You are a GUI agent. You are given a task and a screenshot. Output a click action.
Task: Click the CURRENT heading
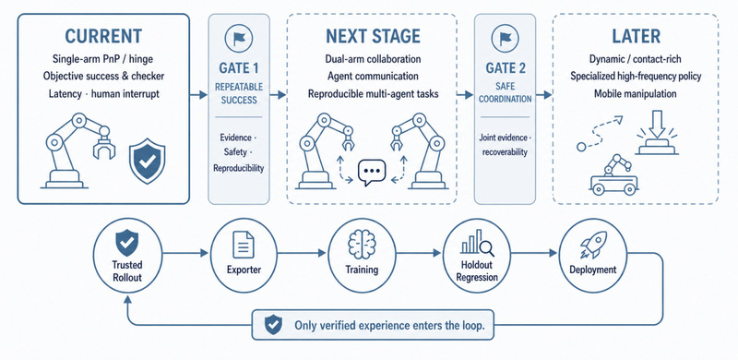(103, 36)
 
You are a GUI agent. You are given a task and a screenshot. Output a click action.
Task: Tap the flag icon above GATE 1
(239, 38)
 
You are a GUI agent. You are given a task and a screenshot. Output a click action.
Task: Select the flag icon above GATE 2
(505, 38)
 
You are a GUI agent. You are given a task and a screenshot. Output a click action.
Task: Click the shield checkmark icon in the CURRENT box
(148, 161)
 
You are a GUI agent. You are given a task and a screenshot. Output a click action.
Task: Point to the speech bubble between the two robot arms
(372, 173)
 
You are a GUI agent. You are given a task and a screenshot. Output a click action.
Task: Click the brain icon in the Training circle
(362, 245)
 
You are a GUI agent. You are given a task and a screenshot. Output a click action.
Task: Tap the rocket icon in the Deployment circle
(592, 245)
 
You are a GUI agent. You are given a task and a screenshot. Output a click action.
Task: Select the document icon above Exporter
(244, 245)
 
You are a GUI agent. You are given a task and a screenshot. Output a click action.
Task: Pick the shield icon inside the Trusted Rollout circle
(127, 243)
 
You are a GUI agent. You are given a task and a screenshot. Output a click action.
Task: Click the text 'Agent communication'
(373, 76)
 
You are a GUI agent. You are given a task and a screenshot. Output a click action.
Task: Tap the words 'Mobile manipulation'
(635, 94)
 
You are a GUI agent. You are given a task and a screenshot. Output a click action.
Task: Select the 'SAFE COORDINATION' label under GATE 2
(505, 93)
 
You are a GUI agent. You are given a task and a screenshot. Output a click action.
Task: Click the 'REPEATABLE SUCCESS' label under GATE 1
(239, 93)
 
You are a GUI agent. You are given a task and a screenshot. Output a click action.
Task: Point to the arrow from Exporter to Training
(302, 253)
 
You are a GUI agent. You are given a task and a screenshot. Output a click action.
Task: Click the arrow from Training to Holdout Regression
(420, 253)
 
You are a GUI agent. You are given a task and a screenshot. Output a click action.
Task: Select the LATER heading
(636, 36)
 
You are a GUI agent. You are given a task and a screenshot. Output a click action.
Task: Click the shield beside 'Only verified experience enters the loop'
(273, 325)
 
